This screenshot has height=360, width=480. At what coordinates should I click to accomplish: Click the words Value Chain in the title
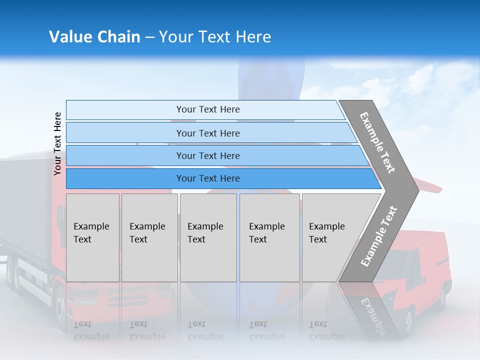94,37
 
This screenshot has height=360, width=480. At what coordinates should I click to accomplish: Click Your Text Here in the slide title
215,37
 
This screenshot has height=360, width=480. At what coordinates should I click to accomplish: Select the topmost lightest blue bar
205,110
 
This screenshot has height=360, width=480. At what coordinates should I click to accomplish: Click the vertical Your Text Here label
58,143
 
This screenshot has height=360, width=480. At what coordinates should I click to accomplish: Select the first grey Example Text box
92,237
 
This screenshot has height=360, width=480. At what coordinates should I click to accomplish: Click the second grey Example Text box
149,237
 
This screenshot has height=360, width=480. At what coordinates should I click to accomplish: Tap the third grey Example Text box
208,237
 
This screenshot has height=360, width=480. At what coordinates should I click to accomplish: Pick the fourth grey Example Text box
269,237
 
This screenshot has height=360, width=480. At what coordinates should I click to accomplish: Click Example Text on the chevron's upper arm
377,142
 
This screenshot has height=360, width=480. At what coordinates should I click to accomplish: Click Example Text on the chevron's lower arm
379,236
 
